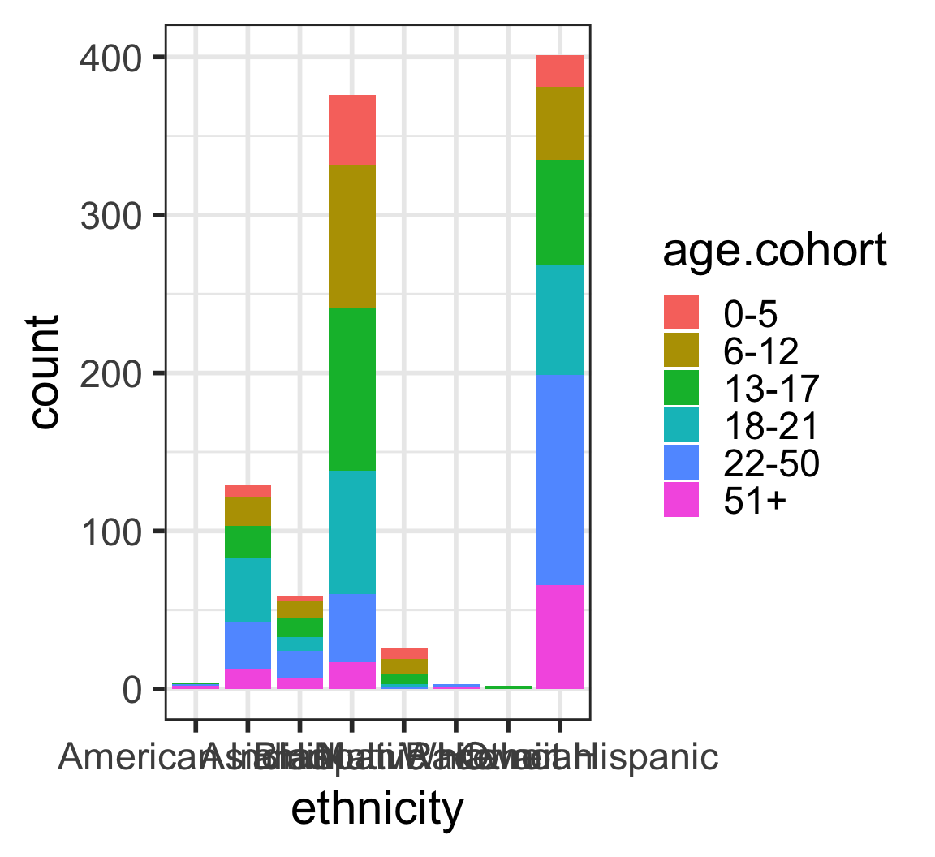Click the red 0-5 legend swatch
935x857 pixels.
681,312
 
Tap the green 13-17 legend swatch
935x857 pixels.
681,388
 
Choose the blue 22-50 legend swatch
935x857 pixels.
681,463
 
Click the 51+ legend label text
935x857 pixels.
755,502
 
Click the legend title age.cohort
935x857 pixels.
774,252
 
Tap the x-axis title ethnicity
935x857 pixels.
377,808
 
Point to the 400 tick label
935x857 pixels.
111,58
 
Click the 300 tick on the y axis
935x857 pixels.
111,216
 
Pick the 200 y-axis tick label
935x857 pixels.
111,374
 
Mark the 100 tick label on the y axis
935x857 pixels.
111,532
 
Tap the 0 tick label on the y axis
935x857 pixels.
131,690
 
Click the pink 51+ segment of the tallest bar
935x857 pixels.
560,637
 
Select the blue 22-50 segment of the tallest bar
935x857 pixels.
560,480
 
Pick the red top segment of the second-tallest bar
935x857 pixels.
351,130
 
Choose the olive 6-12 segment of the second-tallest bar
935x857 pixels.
351,236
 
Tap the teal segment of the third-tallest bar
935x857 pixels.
248,590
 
